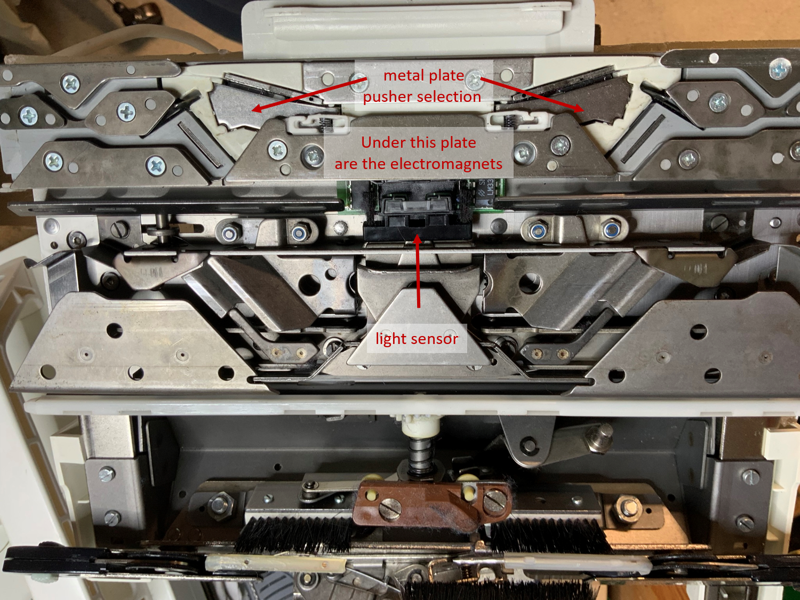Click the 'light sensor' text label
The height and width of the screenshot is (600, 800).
point(417,339)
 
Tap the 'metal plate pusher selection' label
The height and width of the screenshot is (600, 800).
point(423,86)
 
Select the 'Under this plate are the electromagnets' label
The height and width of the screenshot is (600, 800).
point(419,153)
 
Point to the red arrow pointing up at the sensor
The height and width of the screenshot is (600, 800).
point(418,272)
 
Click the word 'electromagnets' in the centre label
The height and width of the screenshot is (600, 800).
point(446,164)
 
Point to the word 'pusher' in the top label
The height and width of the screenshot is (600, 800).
point(387,97)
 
